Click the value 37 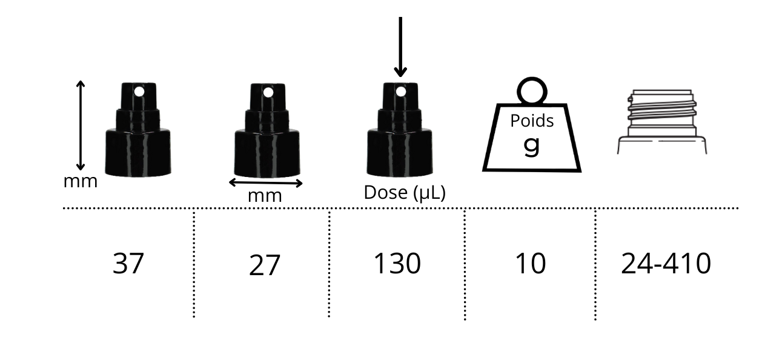click(128, 263)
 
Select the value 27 click(265, 265)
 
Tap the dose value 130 click(397, 263)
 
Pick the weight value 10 click(530, 263)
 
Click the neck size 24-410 click(666, 263)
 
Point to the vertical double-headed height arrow click(81, 125)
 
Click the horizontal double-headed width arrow click(266, 182)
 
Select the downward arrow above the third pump click(400, 47)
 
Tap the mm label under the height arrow click(81, 182)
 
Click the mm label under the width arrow click(265, 196)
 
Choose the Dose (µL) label click(405, 192)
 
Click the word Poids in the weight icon click(532, 121)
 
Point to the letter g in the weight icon click(532, 146)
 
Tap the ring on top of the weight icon click(532, 90)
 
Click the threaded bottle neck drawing click(662, 122)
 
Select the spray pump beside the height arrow click(138, 130)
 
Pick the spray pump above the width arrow click(267, 130)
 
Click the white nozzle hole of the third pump click(401, 92)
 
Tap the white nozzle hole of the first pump click(139, 92)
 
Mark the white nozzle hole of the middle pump click(268, 93)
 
